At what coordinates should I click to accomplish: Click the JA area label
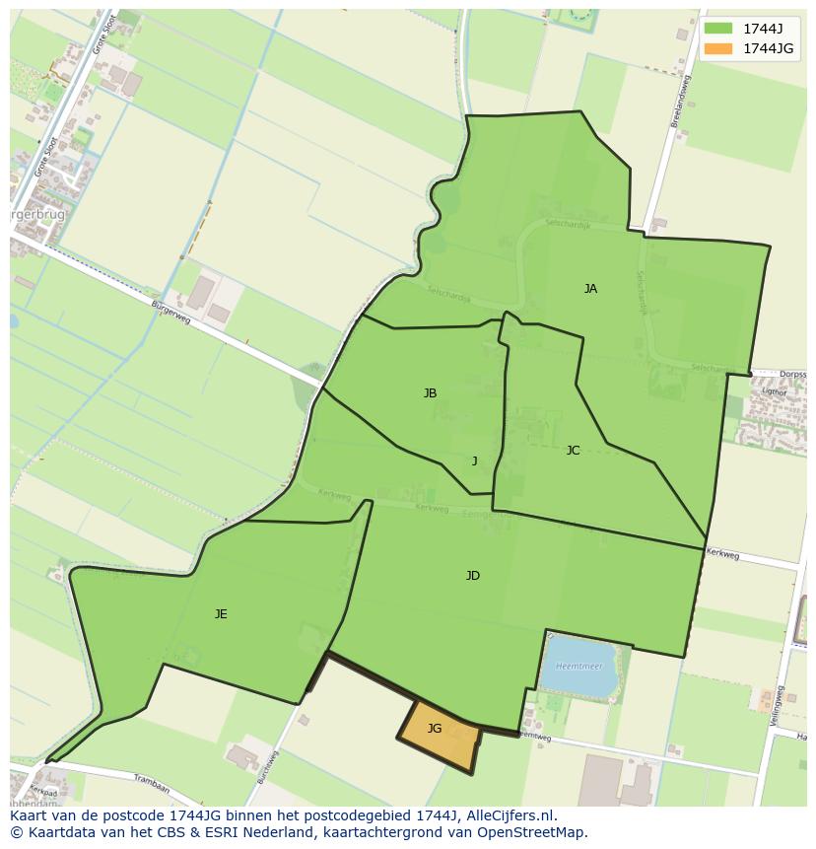point(590,289)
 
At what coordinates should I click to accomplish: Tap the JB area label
point(430,393)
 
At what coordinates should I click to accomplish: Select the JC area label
point(573,451)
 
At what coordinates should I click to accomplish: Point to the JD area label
point(473,576)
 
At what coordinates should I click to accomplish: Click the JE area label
point(221,614)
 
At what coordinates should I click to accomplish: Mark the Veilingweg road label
point(778,704)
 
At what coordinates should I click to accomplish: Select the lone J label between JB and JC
point(474,460)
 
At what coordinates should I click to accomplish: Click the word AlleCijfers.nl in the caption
point(509,815)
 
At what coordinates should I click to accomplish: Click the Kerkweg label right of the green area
point(722,555)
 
